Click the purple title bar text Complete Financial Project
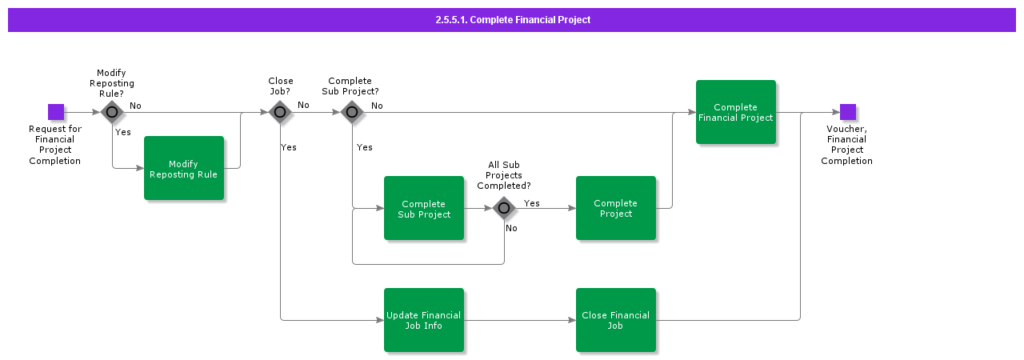tap(513, 20)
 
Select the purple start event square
tap(56, 112)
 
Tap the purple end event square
tap(848, 112)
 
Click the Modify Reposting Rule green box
tap(184, 168)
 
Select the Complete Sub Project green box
tap(424, 208)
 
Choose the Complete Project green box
tap(616, 208)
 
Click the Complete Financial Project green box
tap(736, 112)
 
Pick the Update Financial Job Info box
tap(424, 320)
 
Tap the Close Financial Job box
tap(616, 320)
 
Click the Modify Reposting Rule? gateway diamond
tap(112, 112)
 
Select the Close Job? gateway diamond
tap(280, 112)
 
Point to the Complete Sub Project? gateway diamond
tap(352, 112)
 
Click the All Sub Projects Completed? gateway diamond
tap(504, 208)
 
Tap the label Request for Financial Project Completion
tap(55, 145)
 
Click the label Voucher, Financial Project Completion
tap(846, 145)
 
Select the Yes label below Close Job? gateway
tap(289, 147)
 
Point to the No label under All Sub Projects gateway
tap(511, 228)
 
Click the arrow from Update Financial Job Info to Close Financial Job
tap(520, 320)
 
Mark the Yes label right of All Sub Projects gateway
tap(532, 203)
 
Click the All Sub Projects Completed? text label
tap(504, 175)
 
